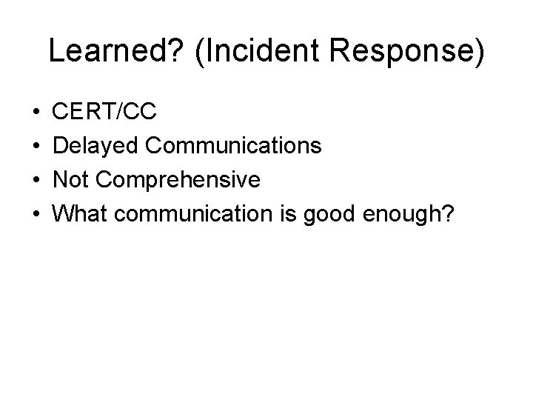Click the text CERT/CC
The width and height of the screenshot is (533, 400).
click(x=106, y=113)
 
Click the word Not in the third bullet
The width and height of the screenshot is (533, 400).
click(x=73, y=180)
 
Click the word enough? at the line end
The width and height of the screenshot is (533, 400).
click(x=402, y=214)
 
